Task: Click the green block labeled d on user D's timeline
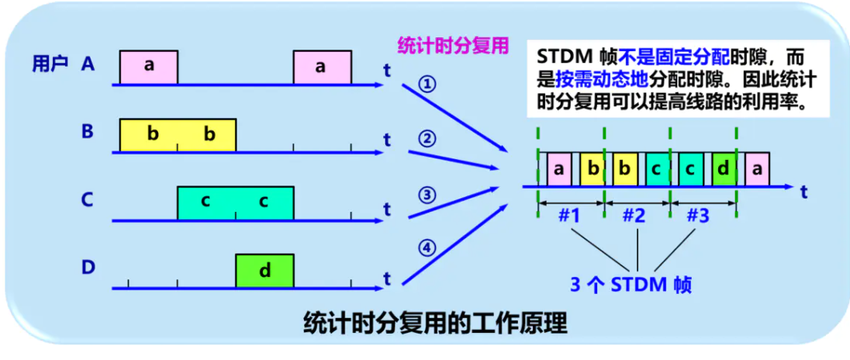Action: [x=264, y=271]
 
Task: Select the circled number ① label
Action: [x=427, y=85]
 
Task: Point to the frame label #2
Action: [x=634, y=216]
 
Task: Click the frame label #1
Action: [x=569, y=216]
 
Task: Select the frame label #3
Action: [x=699, y=216]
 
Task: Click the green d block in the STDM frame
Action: [x=723, y=169]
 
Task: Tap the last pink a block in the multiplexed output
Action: [x=755, y=169]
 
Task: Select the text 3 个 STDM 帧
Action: [x=631, y=284]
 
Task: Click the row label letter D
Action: [x=88, y=268]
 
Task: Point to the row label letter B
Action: [x=88, y=131]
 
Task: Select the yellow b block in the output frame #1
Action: [x=592, y=169]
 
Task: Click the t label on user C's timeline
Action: [x=386, y=209]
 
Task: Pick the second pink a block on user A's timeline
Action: [x=322, y=67]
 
